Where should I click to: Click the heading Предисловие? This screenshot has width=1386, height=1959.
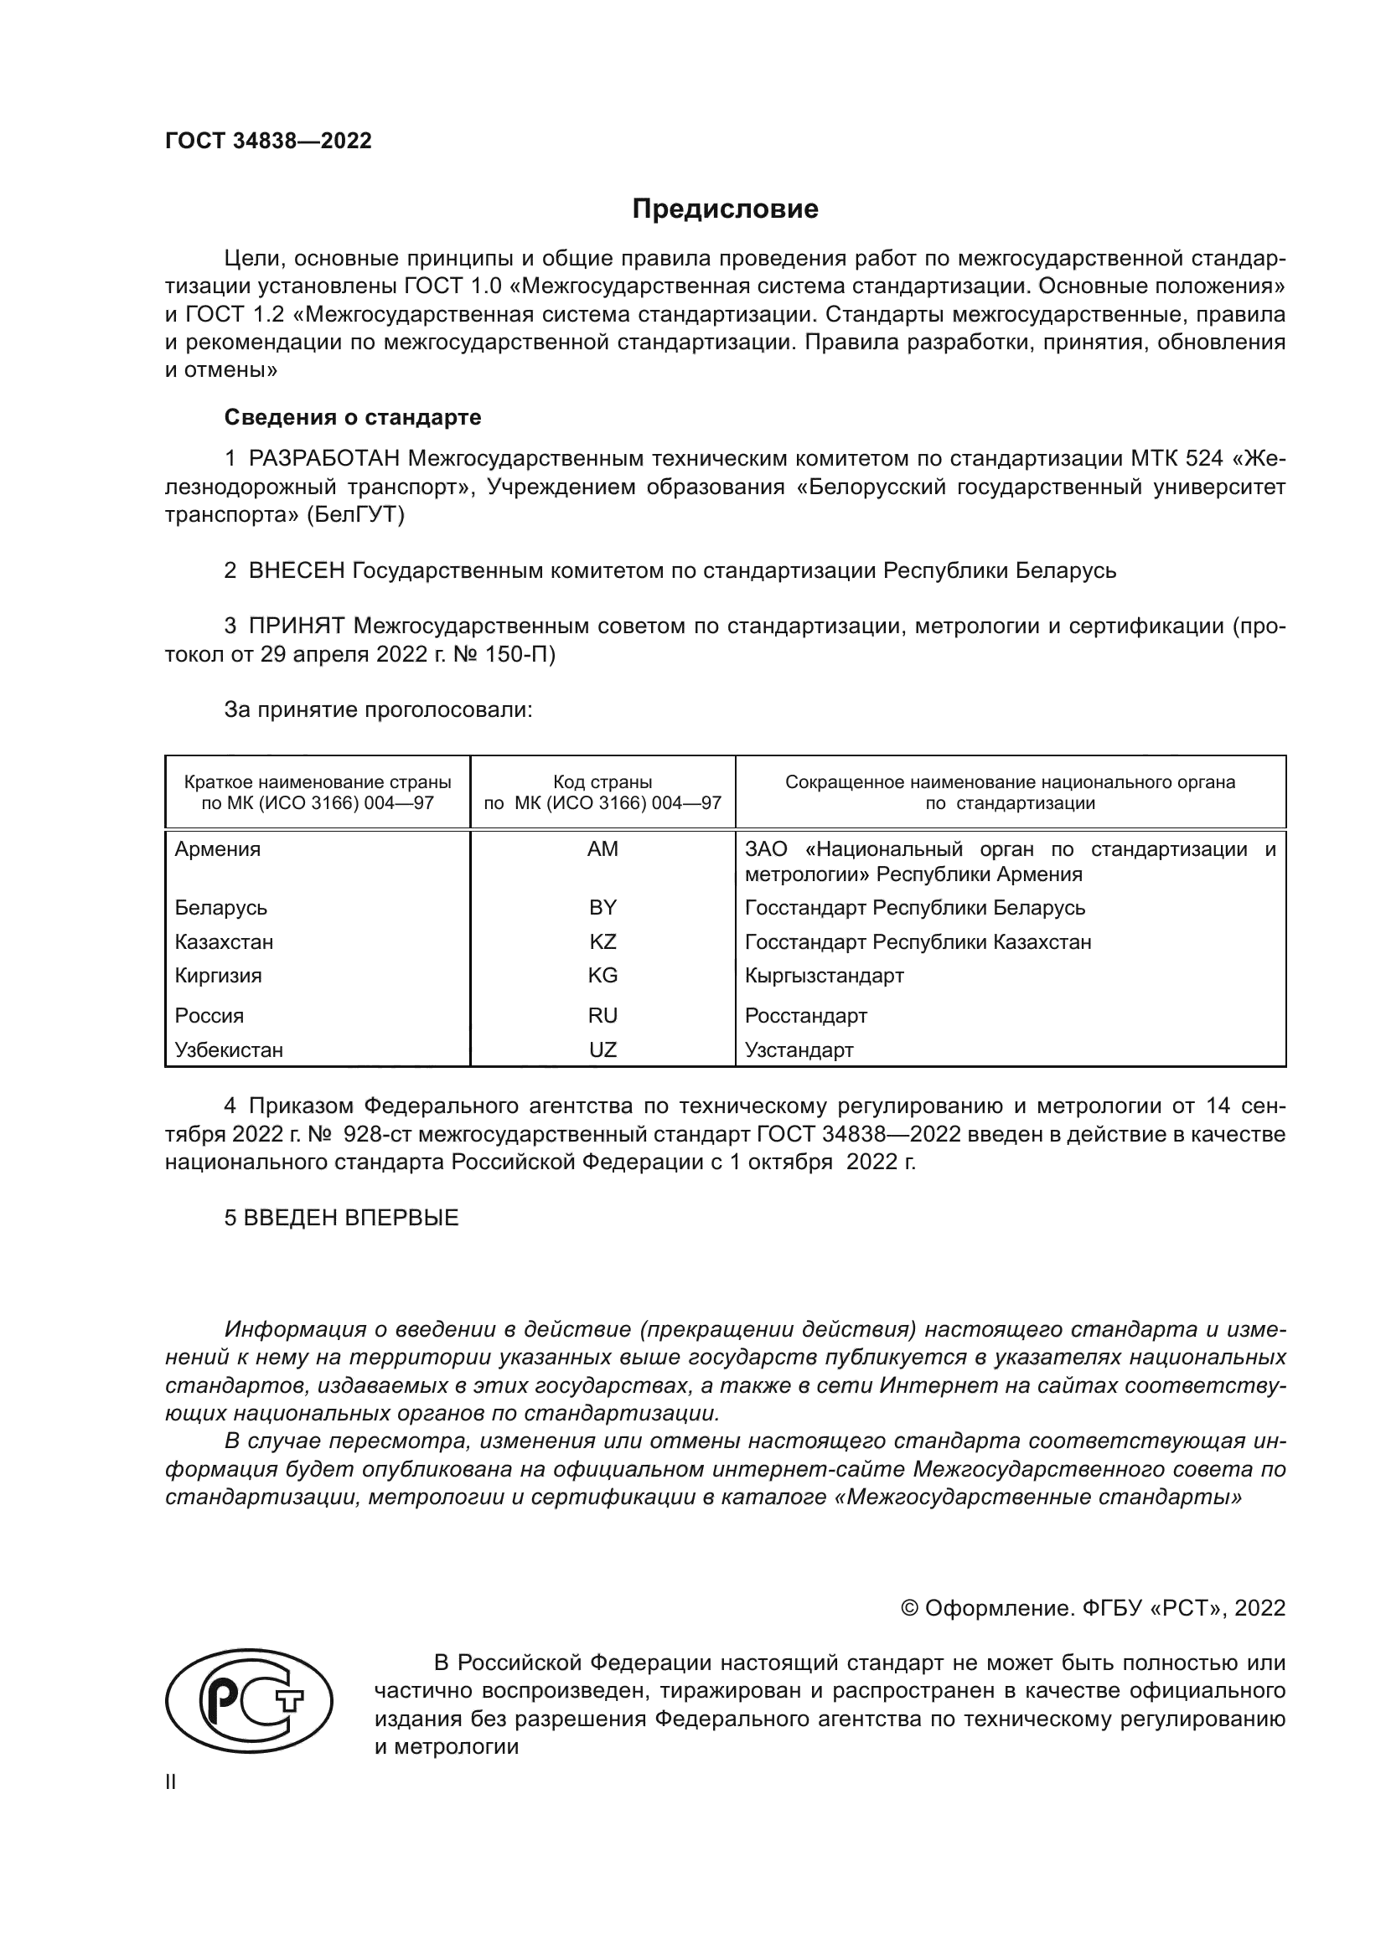pos(725,209)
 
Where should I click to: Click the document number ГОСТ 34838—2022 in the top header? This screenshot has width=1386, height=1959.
pos(268,142)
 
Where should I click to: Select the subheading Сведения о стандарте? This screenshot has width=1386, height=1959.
pos(353,417)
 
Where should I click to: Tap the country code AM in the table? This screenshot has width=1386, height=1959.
pos(602,849)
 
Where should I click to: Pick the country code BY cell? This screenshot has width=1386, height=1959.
pos(602,908)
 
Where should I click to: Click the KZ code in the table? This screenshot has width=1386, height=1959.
pos(602,942)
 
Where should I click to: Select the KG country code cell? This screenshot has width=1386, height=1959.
pos(602,975)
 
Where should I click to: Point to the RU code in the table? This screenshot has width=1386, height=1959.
pos(602,1015)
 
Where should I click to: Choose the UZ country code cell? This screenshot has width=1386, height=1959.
pos(602,1049)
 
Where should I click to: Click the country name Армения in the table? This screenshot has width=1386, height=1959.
pos(218,849)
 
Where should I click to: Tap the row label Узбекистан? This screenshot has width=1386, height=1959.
pos(229,1049)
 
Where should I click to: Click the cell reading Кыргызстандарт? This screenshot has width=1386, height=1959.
pos(824,975)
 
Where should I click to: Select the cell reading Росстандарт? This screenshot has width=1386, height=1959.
pos(805,1015)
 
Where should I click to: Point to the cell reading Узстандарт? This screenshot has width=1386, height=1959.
pos(799,1049)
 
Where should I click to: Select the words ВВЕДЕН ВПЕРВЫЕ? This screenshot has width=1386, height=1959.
pos(351,1218)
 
